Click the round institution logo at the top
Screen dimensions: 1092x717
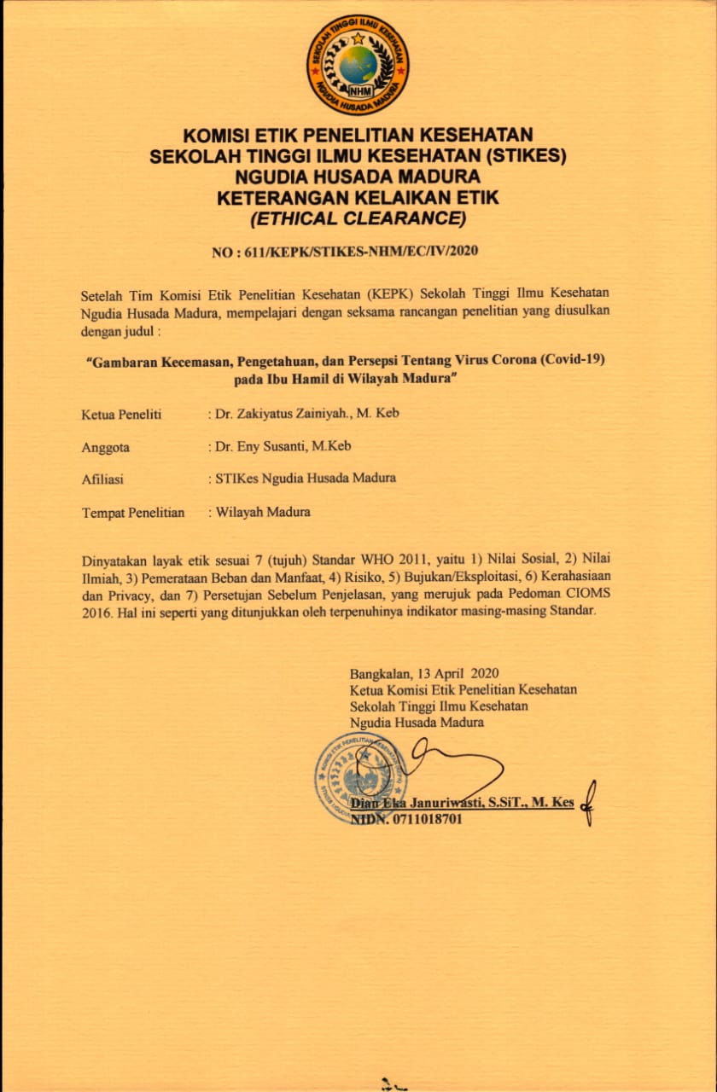click(x=358, y=65)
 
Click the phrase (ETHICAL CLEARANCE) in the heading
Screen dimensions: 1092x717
click(x=358, y=219)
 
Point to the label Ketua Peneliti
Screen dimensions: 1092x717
click(x=121, y=414)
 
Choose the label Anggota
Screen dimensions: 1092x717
click(x=106, y=446)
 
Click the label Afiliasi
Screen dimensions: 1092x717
click(x=103, y=479)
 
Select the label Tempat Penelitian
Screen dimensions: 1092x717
click(x=133, y=512)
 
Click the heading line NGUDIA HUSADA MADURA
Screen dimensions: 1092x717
click(x=358, y=177)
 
